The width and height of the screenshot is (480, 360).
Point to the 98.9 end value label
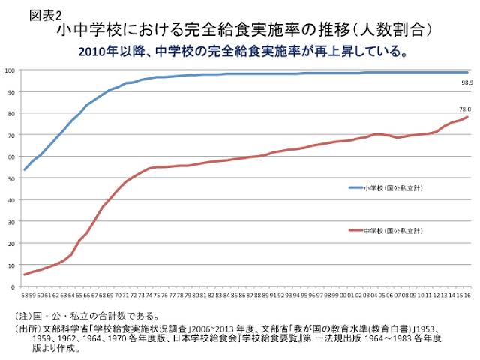coord(465,82)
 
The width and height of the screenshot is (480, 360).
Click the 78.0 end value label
coord(465,109)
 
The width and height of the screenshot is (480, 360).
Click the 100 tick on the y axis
coord(10,70)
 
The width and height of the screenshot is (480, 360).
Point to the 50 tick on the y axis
coord(12,178)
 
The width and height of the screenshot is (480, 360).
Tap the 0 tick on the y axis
coord(13,286)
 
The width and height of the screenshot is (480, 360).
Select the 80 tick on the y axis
coord(12,113)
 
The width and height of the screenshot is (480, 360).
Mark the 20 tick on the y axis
coord(12,243)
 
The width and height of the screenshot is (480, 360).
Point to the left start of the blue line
coord(25,169)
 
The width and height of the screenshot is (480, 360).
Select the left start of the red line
coord(25,274)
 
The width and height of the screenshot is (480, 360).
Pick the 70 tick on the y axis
coord(12,135)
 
